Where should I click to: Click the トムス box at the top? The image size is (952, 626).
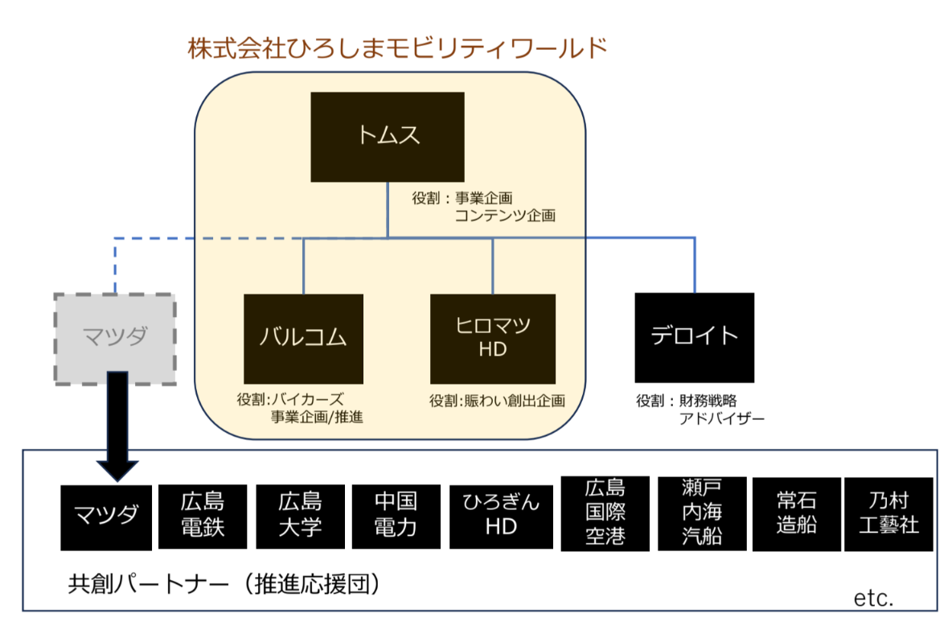pyautogui.click(x=388, y=136)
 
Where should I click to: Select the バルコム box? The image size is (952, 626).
pyautogui.click(x=303, y=338)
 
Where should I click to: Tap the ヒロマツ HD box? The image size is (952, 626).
pyautogui.click(x=492, y=338)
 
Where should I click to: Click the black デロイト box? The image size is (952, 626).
pyautogui.click(x=694, y=337)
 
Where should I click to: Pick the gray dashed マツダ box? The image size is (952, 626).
pyautogui.click(x=115, y=338)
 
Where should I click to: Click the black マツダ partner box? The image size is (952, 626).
pyautogui.click(x=105, y=516)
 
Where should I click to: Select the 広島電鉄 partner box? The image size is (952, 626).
pyautogui.click(x=203, y=516)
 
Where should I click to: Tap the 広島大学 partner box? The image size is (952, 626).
pyautogui.click(x=300, y=516)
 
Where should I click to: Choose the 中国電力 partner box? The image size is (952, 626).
pyautogui.click(x=396, y=516)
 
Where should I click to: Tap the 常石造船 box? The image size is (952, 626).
pyautogui.click(x=797, y=513)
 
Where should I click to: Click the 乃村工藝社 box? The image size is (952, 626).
pyautogui.click(x=888, y=514)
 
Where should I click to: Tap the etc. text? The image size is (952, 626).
pyautogui.click(x=873, y=599)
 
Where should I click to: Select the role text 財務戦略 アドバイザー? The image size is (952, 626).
pyautogui.click(x=700, y=409)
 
